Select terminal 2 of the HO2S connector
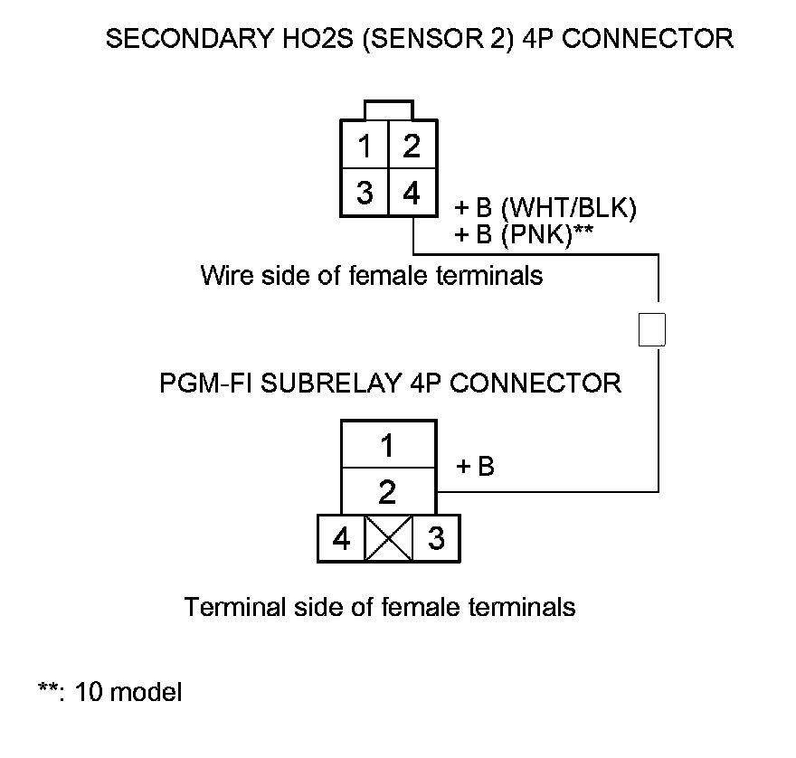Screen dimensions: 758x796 click(x=412, y=146)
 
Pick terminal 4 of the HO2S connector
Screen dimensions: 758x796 click(x=412, y=194)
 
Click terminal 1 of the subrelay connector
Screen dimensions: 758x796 click(x=387, y=445)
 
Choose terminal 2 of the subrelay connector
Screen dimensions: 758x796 click(x=387, y=493)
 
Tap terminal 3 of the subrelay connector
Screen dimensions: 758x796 click(x=436, y=539)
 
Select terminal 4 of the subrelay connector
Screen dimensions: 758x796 click(x=341, y=539)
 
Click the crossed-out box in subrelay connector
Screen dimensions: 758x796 click(x=388, y=539)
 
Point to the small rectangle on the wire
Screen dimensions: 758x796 click(x=652, y=329)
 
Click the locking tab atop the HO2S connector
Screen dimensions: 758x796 click(x=388, y=110)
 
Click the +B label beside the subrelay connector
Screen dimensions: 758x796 click(x=474, y=468)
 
